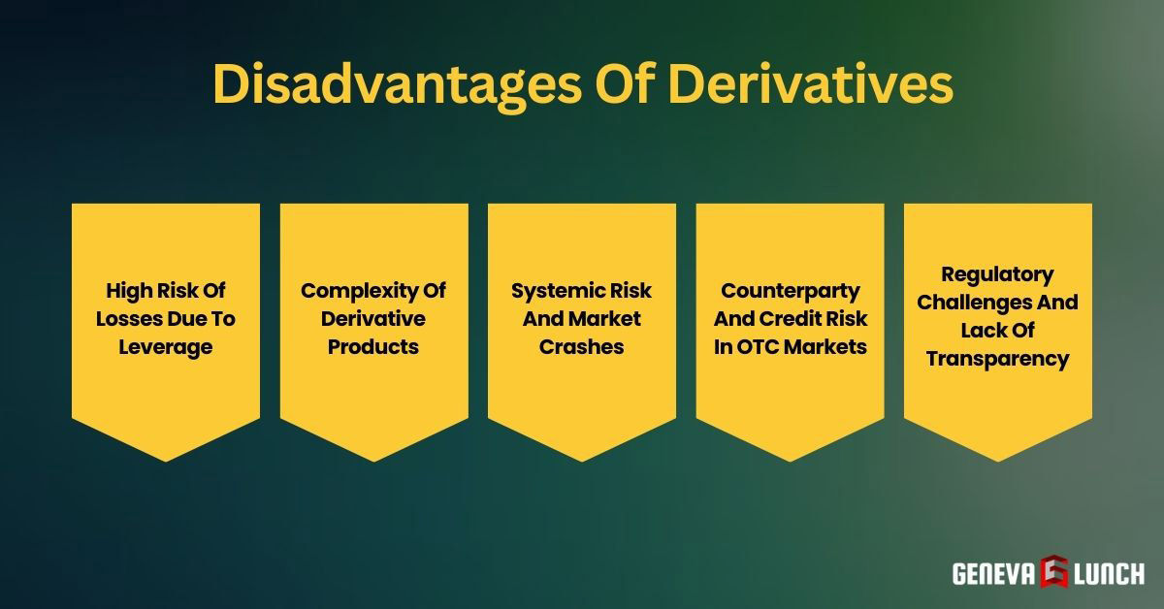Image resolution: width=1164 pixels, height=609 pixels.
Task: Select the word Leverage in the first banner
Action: [166, 347]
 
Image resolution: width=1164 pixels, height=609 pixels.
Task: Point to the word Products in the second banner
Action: [373, 347]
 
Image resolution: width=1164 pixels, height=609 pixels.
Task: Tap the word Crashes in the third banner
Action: [582, 347]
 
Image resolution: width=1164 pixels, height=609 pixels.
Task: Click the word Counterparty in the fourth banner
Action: [790, 290]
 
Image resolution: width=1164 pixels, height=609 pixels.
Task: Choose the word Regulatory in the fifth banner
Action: [997, 274]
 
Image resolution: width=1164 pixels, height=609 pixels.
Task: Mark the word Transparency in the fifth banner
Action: [997, 359]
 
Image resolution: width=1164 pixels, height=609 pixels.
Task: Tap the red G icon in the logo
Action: [1054, 573]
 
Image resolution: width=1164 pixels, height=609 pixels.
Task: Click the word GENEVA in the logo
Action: [993, 574]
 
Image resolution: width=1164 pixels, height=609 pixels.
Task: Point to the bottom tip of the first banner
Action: [166, 460]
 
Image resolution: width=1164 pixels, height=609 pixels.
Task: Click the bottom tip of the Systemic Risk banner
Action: [582, 460]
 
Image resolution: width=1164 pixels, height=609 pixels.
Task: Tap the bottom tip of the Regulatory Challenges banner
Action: [997, 460]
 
